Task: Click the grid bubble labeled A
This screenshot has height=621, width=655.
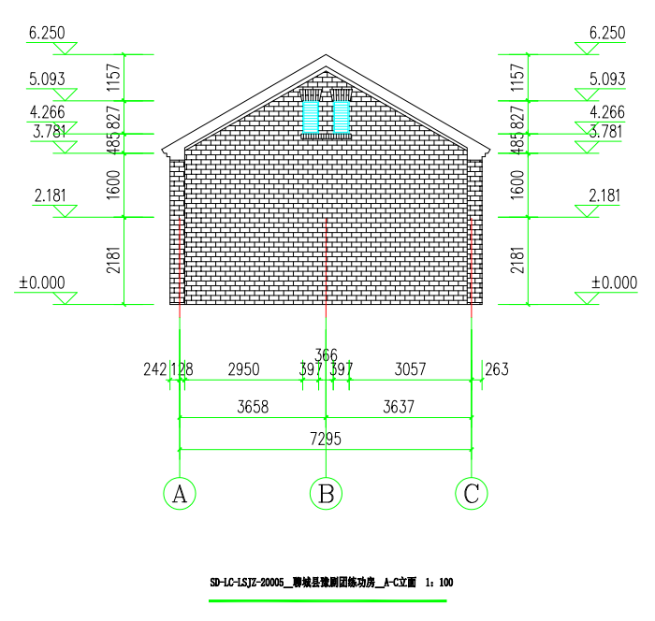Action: pos(180,493)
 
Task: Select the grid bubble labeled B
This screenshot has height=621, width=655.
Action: pos(326,493)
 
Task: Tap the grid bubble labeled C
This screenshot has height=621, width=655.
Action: pos(472,493)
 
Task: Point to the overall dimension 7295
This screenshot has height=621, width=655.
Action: pos(326,440)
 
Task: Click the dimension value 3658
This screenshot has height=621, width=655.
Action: pos(253,408)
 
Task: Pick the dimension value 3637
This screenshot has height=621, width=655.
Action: pos(399,408)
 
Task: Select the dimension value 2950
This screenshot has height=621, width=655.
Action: pos(243,369)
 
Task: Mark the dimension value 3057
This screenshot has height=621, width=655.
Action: pos(409,369)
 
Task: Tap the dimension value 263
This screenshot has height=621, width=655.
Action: pos(497,369)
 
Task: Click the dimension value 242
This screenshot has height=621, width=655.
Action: pos(154,369)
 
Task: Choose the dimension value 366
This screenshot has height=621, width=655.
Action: pos(326,354)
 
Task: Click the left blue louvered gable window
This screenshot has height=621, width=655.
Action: pos(311,117)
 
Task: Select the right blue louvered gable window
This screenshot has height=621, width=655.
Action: pos(342,117)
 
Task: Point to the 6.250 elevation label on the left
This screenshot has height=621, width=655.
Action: pos(47,33)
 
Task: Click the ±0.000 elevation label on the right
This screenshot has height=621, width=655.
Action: pos(615,282)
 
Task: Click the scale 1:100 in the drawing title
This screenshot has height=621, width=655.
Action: pos(439,583)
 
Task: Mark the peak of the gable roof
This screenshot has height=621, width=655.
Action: pos(326,55)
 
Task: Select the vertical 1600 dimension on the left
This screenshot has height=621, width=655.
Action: pos(113,185)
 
